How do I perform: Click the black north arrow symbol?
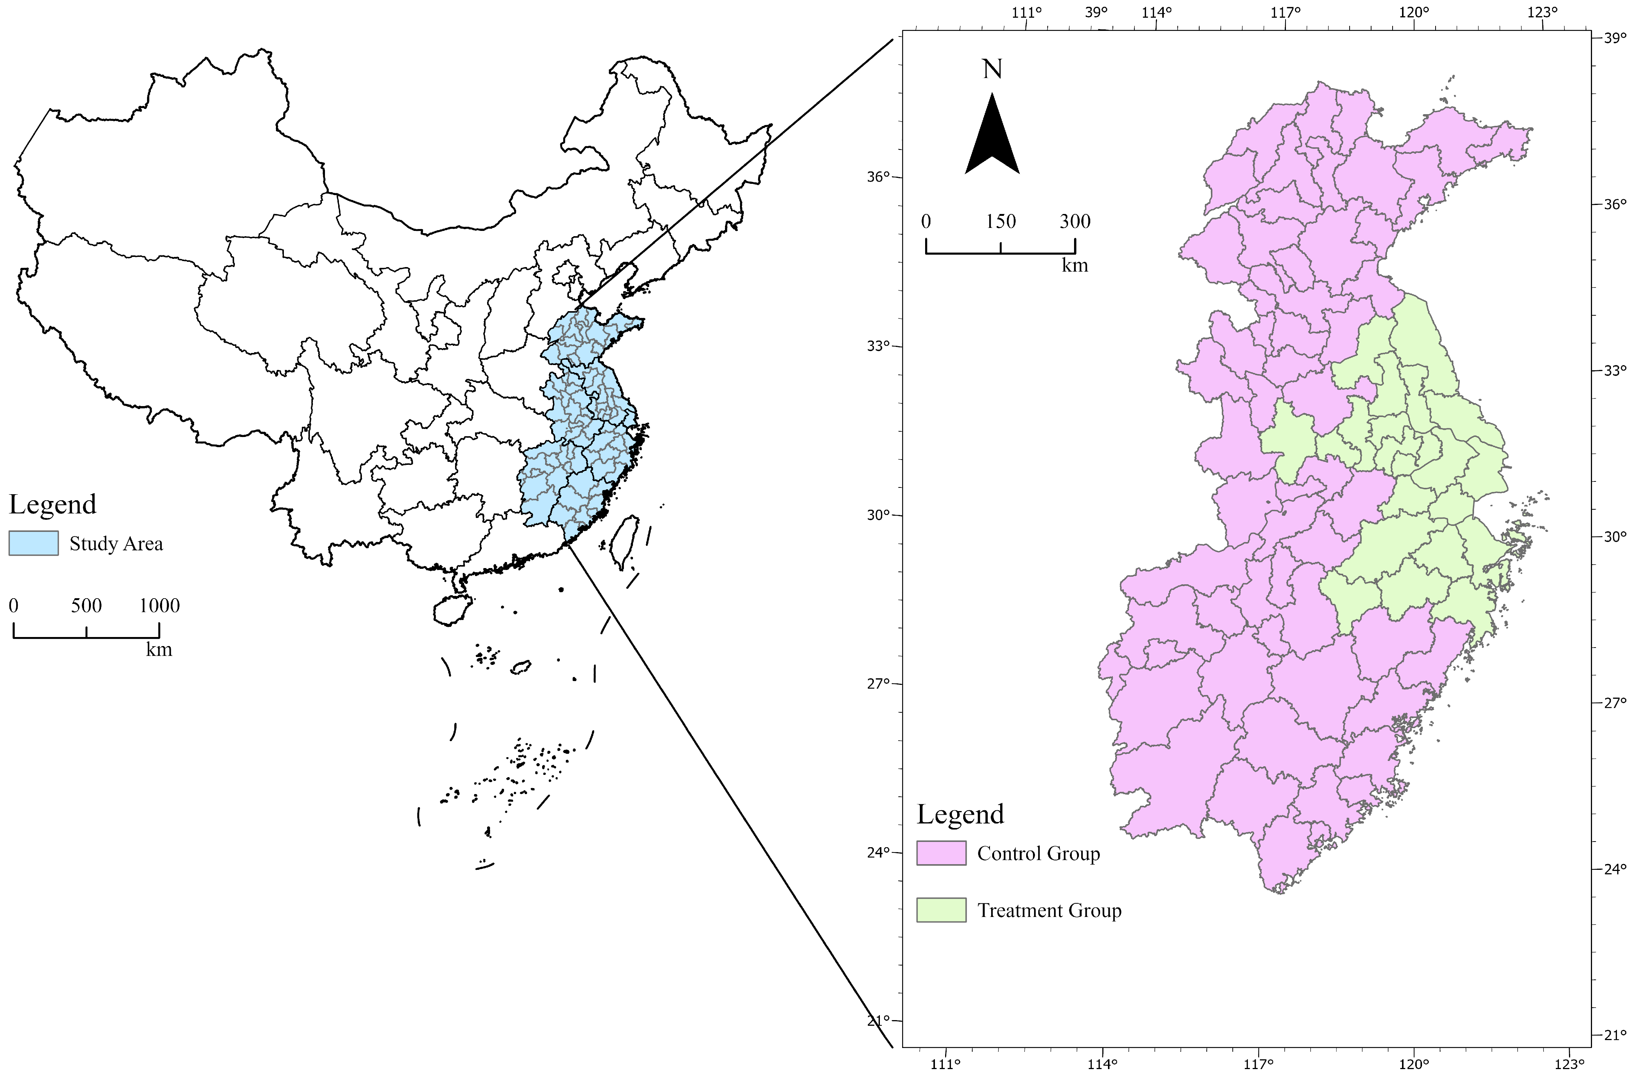[x=992, y=137]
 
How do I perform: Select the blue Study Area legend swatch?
[x=34, y=543]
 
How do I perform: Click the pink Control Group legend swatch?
[x=941, y=853]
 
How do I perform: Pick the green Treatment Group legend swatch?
[x=941, y=910]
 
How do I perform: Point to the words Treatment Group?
[x=1050, y=911]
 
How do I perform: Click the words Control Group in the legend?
[x=1039, y=854]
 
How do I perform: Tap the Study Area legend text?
[x=116, y=544]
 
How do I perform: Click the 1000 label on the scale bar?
[x=159, y=606]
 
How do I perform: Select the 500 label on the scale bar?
[x=87, y=606]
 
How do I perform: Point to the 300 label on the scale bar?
[x=1075, y=221]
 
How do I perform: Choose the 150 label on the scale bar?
[x=1001, y=221]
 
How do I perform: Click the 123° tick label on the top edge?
[x=1543, y=12]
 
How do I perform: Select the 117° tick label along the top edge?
[x=1285, y=12]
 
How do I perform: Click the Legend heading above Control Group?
[x=960, y=814]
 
